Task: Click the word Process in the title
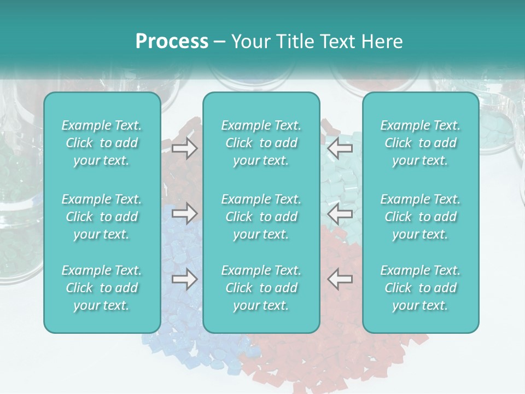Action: click(x=172, y=42)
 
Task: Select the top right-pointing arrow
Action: click(x=185, y=148)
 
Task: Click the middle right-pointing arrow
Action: click(x=185, y=213)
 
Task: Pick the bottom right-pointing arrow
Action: click(x=185, y=279)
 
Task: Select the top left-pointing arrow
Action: click(x=340, y=148)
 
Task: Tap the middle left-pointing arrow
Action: click(x=340, y=213)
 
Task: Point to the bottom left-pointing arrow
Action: click(x=340, y=279)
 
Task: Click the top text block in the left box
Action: click(x=102, y=143)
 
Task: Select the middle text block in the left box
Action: click(x=102, y=217)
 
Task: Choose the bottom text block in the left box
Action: click(x=102, y=288)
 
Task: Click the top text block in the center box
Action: click(x=261, y=143)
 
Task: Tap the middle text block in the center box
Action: click(x=261, y=217)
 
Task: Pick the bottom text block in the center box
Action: click(x=261, y=288)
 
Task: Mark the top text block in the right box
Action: click(x=420, y=143)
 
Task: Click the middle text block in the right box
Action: click(x=420, y=217)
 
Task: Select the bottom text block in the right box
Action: click(x=420, y=288)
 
